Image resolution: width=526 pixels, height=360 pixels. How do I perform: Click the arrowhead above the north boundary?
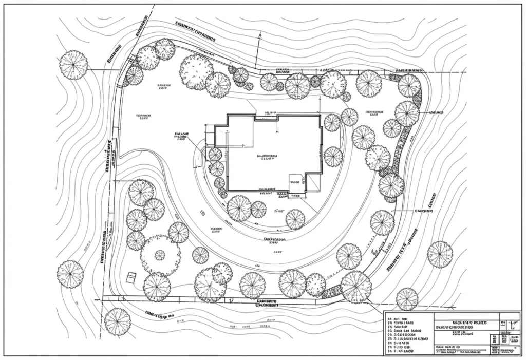point(260,35)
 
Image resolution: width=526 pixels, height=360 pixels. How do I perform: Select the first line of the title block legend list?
point(403,318)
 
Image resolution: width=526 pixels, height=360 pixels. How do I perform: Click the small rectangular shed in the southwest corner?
point(131,277)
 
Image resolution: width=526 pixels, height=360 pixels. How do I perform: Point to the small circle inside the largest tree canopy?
point(160,255)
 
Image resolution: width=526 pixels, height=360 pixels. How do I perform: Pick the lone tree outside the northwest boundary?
point(73,65)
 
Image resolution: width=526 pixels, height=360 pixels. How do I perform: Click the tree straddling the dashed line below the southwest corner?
point(117,321)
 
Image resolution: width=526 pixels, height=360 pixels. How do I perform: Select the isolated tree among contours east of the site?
point(440,254)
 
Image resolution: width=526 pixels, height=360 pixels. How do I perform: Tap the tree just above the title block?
point(407,299)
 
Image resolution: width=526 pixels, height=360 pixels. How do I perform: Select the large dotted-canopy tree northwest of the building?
point(196,72)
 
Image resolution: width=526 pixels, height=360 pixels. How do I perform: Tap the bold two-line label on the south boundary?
point(267,303)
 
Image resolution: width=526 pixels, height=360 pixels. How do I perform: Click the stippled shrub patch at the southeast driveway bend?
point(331,292)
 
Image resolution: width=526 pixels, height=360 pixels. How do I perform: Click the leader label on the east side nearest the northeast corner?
point(436,111)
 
